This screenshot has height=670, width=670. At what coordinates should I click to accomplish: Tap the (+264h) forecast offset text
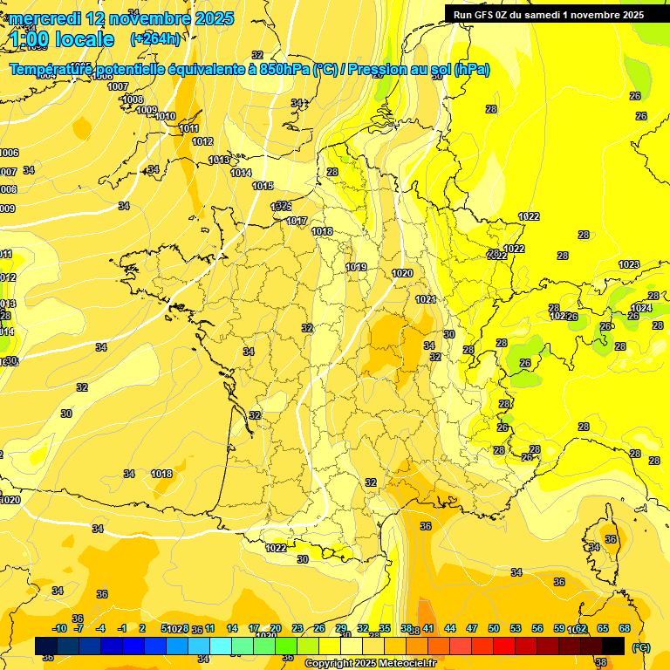click(x=155, y=39)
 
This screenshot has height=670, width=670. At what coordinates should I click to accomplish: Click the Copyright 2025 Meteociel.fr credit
click(x=370, y=664)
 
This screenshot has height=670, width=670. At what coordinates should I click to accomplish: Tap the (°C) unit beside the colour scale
click(x=641, y=647)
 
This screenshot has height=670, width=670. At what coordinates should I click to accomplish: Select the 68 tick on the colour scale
click(x=625, y=628)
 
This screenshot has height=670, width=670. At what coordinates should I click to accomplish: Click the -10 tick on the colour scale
click(x=60, y=628)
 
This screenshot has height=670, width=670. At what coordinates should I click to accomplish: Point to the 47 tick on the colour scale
click(x=472, y=628)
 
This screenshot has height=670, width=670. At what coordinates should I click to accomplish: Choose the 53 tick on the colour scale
click(x=516, y=628)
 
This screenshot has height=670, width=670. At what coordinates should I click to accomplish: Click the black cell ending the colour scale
click(x=613, y=646)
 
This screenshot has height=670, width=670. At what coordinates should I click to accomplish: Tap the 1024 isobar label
click(x=641, y=308)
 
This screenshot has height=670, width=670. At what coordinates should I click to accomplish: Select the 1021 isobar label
click(x=426, y=299)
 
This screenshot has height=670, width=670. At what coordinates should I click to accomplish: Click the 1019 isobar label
click(x=356, y=267)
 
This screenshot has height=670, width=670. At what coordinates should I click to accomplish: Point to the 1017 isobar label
click(x=297, y=221)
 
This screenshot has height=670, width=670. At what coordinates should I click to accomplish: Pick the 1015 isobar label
click(x=263, y=186)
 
